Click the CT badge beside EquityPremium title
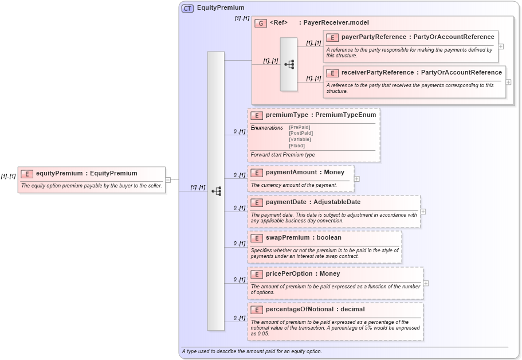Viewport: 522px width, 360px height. [187, 8]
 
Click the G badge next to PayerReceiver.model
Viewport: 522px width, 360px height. [261, 23]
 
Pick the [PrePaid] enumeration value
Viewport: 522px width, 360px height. [301, 127]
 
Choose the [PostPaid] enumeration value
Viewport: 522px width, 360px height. [301, 133]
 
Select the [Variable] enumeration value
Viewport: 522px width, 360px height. [300, 139]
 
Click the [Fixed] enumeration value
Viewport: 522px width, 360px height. [297, 146]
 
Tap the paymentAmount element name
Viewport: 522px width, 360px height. [292, 172]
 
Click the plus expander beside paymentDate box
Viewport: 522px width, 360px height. [423, 211]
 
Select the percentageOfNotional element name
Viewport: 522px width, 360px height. [307, 310]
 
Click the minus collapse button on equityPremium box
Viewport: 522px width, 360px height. [168, 179]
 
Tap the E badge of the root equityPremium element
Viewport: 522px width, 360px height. [26, 174]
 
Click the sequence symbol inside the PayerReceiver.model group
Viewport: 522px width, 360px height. [289, 64]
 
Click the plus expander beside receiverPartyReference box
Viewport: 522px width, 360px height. [508, 82]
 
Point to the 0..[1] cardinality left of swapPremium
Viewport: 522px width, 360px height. [239, 244]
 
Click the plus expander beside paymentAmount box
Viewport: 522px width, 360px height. [357, 178]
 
